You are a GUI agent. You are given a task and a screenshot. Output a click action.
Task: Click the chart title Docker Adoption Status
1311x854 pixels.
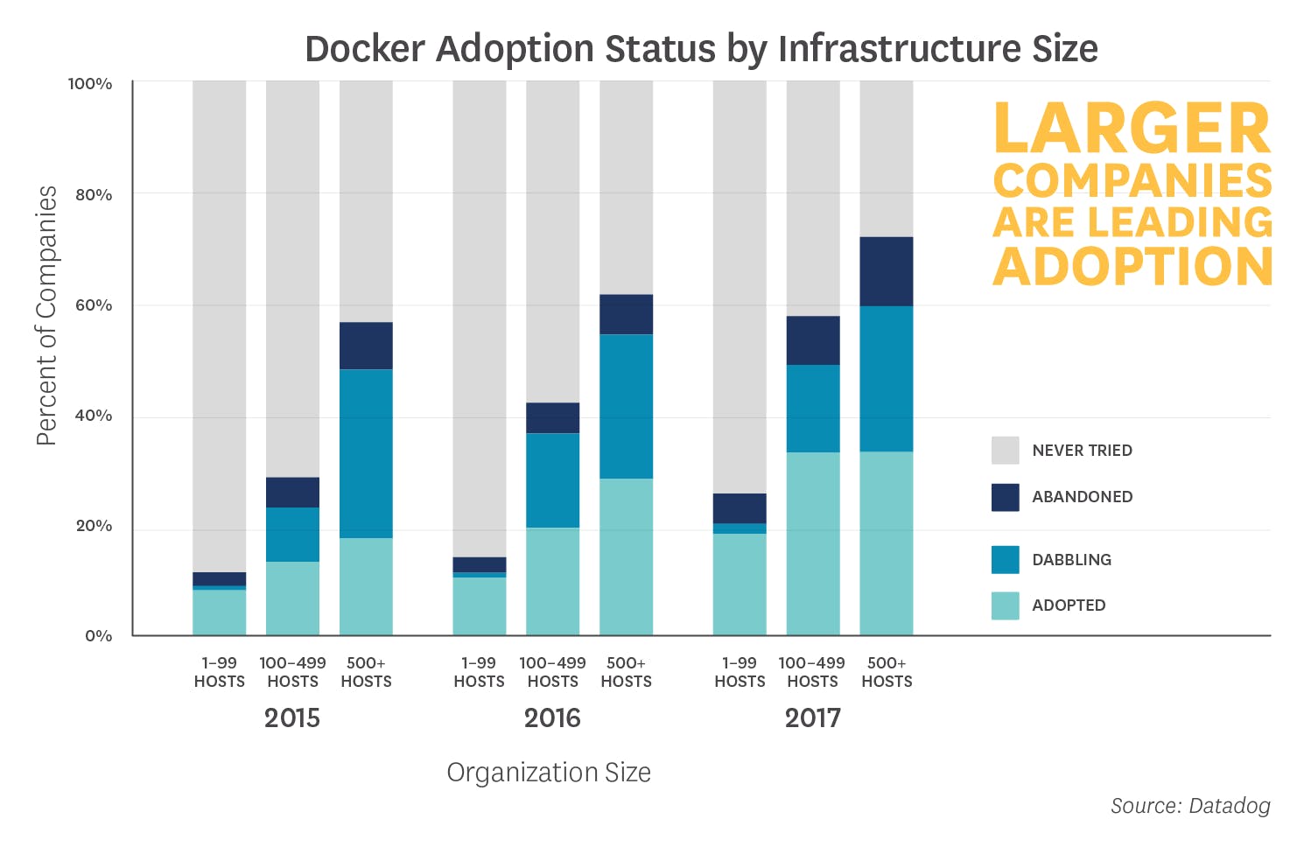700,48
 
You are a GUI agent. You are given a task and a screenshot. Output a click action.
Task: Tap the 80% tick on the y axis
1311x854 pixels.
93,195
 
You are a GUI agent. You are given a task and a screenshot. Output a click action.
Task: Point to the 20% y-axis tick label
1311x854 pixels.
93,526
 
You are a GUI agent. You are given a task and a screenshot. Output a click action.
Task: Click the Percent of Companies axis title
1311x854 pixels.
46,316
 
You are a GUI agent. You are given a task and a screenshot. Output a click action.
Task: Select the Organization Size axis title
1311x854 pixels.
549,773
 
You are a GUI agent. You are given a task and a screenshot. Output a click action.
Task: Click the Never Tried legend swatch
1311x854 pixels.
1005,451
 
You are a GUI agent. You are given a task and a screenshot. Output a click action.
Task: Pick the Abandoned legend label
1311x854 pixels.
1082,497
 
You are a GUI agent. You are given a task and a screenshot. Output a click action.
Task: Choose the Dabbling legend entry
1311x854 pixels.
1071,560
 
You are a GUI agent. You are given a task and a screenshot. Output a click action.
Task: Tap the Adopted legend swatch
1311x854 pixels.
1005,605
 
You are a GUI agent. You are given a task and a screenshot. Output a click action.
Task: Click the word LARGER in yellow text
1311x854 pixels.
1132,129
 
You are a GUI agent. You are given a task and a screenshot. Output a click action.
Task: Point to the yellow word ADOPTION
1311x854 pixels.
1132,267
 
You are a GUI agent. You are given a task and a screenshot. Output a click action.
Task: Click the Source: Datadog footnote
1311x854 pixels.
1190,806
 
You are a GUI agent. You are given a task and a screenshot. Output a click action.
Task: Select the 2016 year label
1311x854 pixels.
552,718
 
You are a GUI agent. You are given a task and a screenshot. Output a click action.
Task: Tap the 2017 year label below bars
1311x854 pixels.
812,718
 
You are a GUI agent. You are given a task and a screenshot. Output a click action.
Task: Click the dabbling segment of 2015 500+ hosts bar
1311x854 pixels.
366,453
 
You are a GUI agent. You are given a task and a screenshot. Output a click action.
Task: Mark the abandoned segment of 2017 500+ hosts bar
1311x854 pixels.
886,271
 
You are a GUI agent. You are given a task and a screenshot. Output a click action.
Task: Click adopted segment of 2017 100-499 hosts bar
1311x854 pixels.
812,542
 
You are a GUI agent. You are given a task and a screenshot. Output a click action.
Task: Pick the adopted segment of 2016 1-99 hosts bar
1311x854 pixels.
479,605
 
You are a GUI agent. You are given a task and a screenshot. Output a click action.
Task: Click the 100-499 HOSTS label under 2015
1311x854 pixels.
292,672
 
